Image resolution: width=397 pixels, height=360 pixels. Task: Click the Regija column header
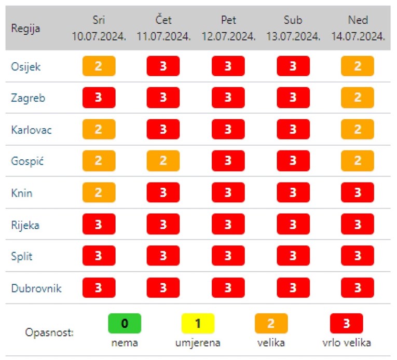[25, 28]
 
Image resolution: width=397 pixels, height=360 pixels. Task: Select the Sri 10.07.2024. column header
[99, 28]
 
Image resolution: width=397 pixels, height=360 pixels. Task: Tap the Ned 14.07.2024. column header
[358, 28]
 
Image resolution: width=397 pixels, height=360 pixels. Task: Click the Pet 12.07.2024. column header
[228, 28]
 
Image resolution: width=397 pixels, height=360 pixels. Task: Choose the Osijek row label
[25, 66]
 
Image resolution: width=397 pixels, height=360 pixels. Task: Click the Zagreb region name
[28, 98]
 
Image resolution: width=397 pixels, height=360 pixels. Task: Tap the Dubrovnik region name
[36, 288]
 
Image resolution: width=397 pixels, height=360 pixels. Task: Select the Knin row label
[22, 193]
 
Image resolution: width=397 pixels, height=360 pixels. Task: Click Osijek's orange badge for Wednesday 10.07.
[99, 66]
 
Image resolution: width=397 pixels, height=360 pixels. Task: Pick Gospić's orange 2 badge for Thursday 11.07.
[163, 161]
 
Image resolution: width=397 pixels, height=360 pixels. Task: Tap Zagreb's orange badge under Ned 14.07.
[358, 98]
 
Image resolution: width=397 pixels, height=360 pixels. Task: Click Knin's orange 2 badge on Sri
[99, 193]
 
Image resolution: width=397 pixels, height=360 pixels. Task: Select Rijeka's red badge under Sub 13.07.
[293, 225]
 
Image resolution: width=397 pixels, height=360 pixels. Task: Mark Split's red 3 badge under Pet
[228, 256]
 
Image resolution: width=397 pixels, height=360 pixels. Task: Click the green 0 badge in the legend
[125, 324]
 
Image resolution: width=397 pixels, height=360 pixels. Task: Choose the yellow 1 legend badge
[198, 324]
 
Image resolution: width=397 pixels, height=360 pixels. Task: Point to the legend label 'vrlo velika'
[346, 342]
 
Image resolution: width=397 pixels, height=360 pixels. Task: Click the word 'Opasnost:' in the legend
[49, 332]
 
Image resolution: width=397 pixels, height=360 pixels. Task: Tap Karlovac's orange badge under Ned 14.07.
[358, 130]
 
